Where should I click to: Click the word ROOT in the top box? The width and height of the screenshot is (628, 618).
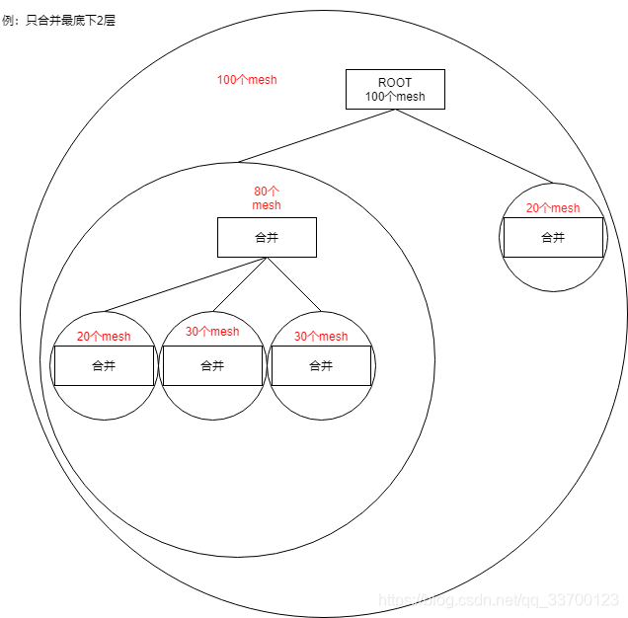tap(395, 82)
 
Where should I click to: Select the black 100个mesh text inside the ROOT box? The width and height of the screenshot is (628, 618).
tap(395, 97)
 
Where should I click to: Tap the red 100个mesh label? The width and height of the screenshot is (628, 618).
tap(247, 80)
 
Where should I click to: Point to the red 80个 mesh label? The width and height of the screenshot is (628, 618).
tap(267, 198)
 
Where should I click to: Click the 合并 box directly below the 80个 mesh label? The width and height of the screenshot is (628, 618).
tap(267, 237)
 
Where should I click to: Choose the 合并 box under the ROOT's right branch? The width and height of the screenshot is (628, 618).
tap(553, 237)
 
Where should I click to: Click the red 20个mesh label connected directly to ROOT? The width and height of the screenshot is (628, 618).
tap(553, 208)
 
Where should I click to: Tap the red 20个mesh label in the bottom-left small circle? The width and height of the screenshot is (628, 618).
tap(104, 337)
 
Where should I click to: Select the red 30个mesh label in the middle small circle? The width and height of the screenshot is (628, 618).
tap(212, 332)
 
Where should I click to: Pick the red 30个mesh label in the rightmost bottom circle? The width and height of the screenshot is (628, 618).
tap(321, 337)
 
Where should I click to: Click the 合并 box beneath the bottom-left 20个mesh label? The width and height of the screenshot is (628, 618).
tap(104, 365)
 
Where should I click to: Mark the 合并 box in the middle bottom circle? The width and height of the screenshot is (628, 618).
tap(212, 365)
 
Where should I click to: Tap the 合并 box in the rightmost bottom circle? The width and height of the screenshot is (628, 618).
tap(321, 365)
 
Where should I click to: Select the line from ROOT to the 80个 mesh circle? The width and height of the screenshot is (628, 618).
tap(316, 135)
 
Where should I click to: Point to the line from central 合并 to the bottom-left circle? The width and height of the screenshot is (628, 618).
tap(186, 284)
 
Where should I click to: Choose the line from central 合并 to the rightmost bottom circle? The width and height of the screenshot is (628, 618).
tap(294, 284)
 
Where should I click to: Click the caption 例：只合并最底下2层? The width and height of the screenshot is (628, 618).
tap(59, 20)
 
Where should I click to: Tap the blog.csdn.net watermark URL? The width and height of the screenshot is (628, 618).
tap(499, 599)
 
